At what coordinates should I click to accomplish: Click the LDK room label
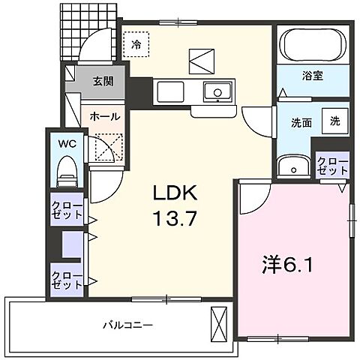pyautogui.click(x=175, y=193)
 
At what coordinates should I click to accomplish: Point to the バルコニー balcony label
pyautogui.click(x=128, y=325)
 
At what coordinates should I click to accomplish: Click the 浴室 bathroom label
pyautogui.click(x=313, y=76)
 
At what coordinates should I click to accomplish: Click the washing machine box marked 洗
pyautogui.click(x=335, y=120)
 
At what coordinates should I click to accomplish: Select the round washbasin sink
pyautogui.click(x=288, y=166)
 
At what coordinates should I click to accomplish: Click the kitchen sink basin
pyautogui.click(x=220, y=94)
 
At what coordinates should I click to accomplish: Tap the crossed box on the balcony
pyautogui.click(x=219, y=324)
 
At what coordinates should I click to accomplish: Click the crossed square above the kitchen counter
pyautogui.click(x=201, y=60)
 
